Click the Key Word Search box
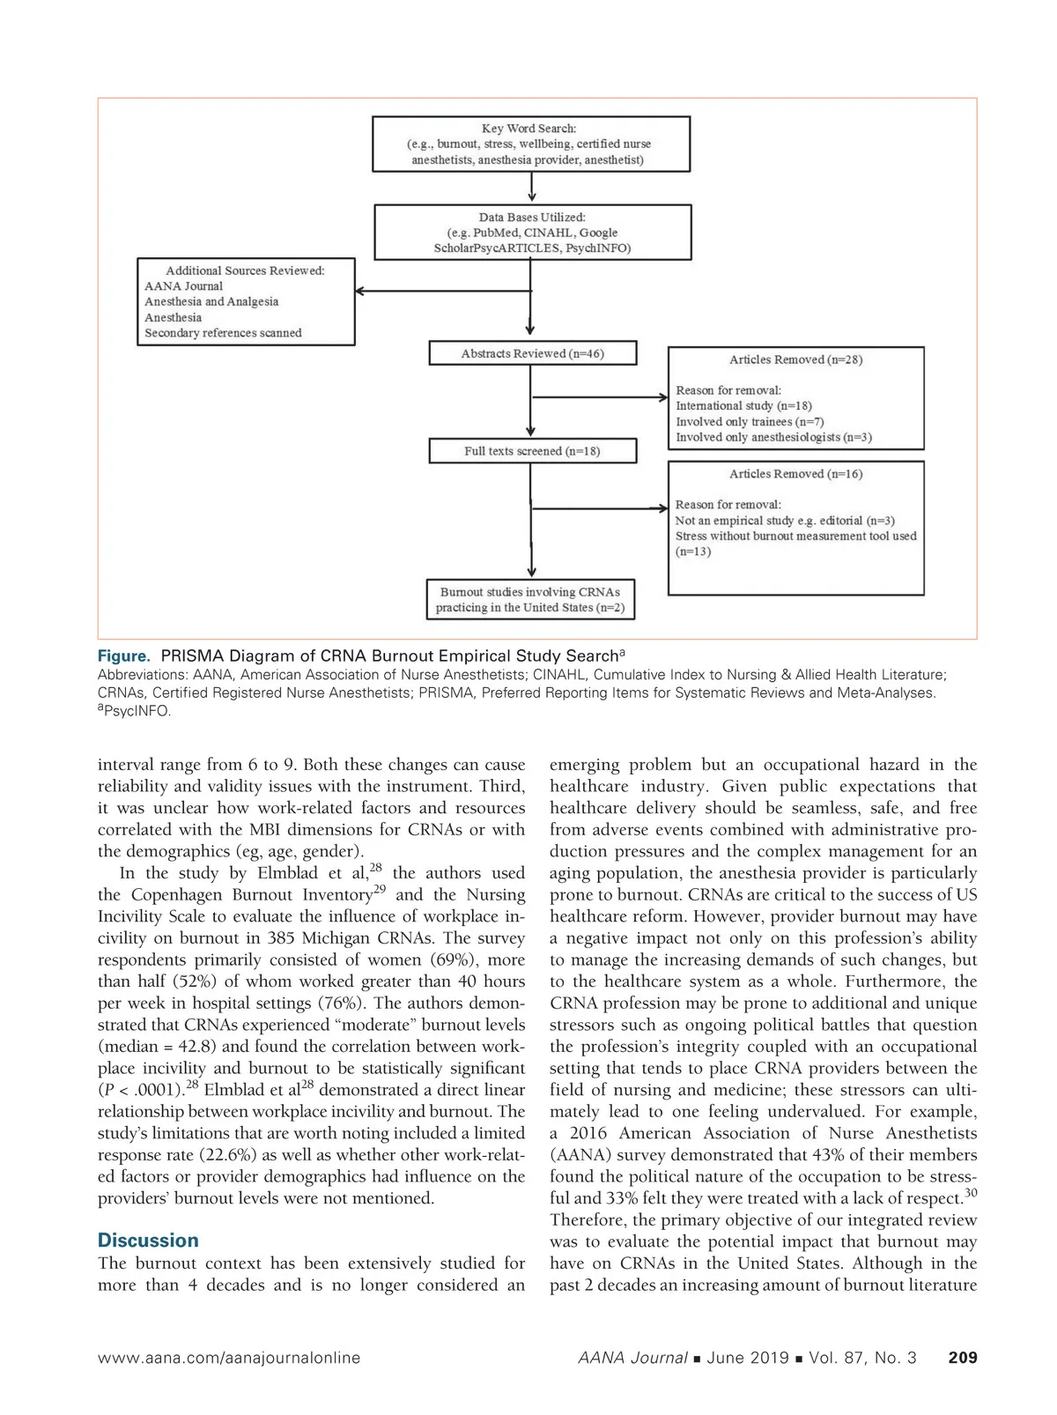[x=531, y=144]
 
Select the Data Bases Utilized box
[x=532, y=233]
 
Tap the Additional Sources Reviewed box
[x=246, y=301]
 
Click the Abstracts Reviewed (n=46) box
[x=532, y=353]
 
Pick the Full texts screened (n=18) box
[x=532, y=451]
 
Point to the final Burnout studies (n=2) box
[x=530, y=599]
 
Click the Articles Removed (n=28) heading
[x=795, y=359]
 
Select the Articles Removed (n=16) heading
[x=795, y=474]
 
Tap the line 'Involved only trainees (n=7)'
[x=750, y=421]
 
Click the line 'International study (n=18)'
[x=743, y=406]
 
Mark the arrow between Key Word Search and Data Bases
[x=532, y=188]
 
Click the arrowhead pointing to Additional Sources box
[x=361, y=291]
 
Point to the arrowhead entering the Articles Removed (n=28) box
[x=663, y=397]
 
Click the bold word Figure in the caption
[x=123, y=656]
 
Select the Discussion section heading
[x=148, y=1241]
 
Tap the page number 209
[x=962, y=1358]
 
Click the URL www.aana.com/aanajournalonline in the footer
[x=229, y=1358]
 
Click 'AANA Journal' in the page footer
[x=632, y=1358]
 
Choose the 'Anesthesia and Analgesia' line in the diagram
[x=211, y=301]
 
